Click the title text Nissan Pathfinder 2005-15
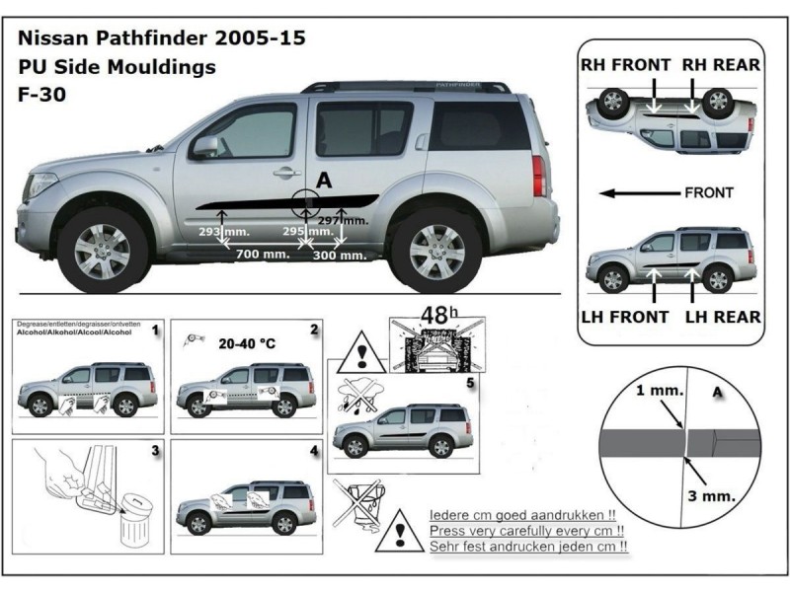coord(162,39)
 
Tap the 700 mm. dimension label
coord(262,255)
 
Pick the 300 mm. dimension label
coord(337,255)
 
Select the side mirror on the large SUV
coord(205,147)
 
